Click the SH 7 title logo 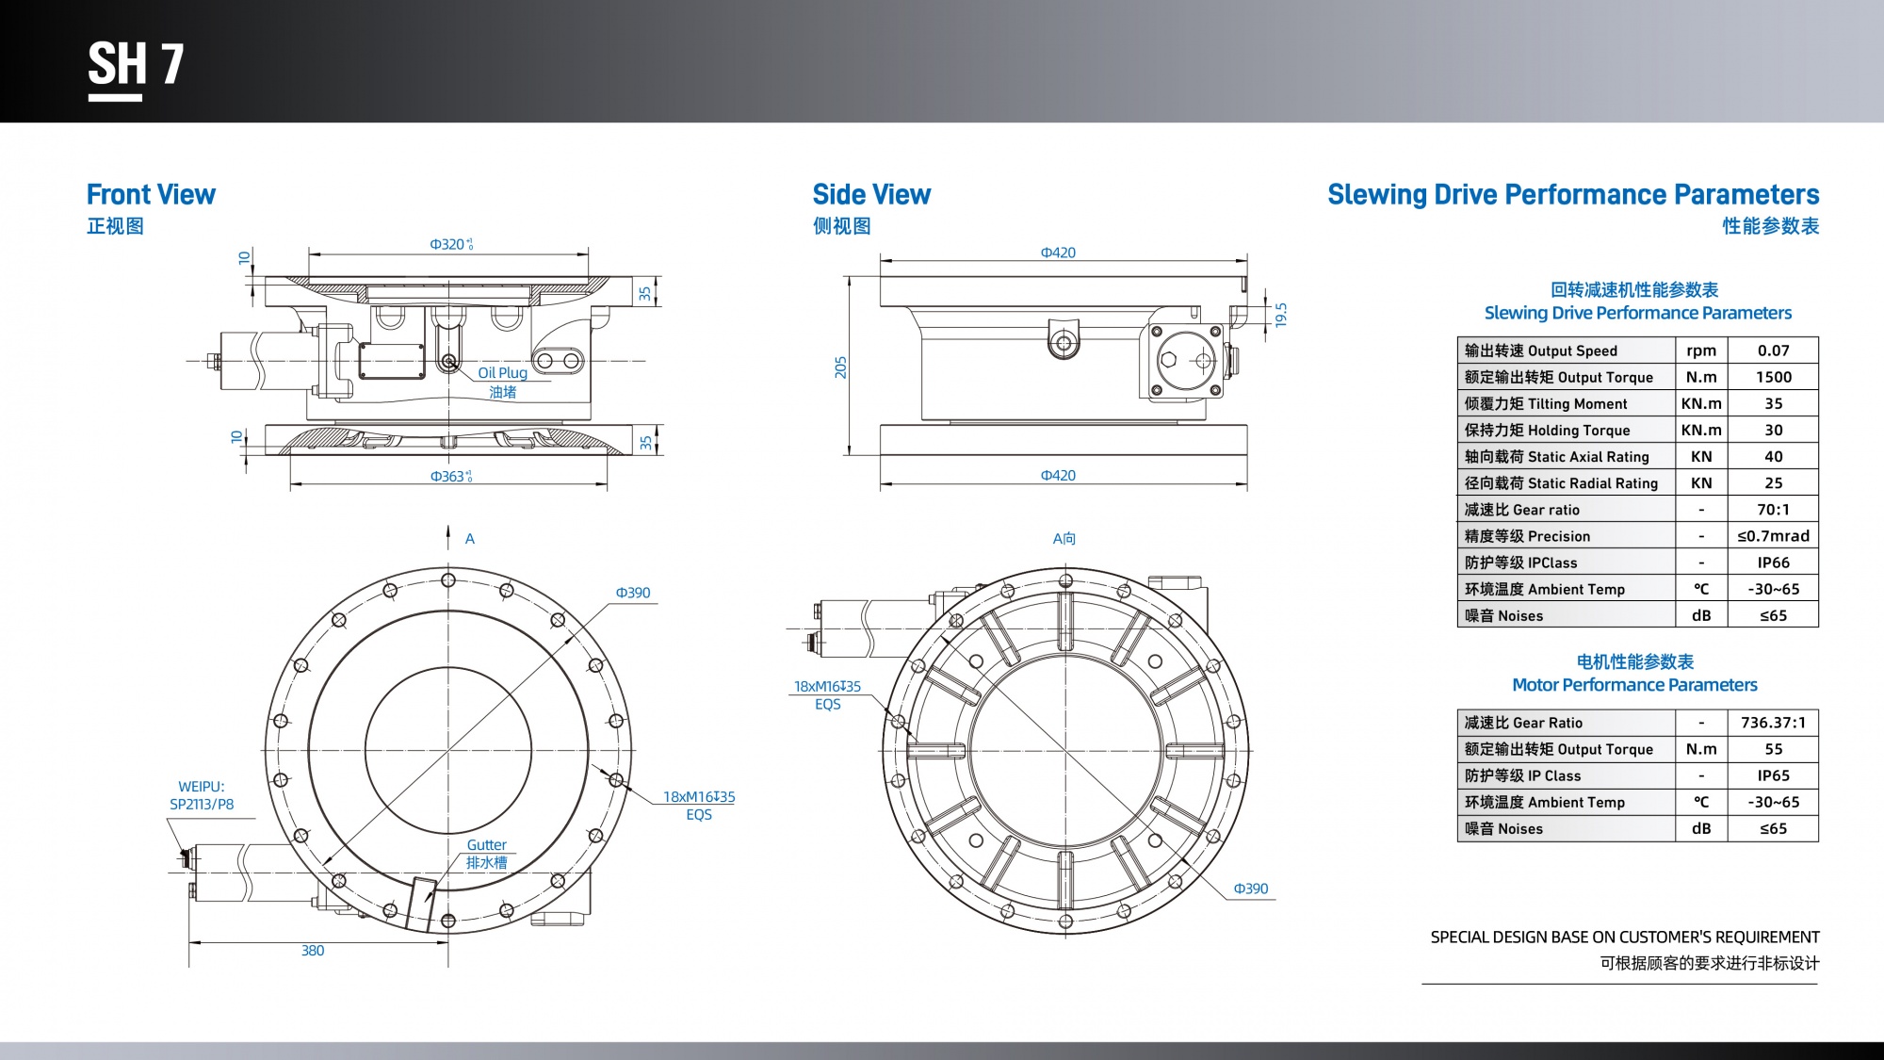pos(136,66)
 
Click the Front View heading pos(151,195)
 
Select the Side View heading pos(871,195)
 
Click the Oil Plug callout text pos(502,373)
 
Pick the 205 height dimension pos(840,367)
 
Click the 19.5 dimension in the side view pos(1280,315)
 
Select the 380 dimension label pos(313,951)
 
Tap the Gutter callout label pos(486,845)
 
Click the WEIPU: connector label pos(202,787)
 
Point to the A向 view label pos(1064,539)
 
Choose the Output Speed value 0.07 pos(1773,351)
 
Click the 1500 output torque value pos(1773,377)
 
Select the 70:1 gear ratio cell pos(1773,510)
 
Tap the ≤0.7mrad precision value pos(1773,536)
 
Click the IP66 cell pos(1773,563)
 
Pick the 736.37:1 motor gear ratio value pos(1773,723)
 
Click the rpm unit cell pos(1701,351)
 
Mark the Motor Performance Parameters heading pos(1634,685)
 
